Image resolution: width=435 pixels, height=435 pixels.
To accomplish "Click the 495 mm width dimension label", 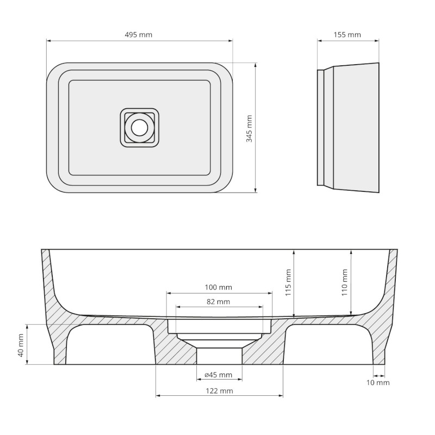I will [x=139, y=35].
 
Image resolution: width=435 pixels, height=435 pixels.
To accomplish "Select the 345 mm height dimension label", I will [x=250, y=128].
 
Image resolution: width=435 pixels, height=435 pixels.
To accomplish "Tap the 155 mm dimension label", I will [x=347, y=35].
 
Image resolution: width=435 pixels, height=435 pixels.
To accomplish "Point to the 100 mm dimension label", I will [x=219, y=287].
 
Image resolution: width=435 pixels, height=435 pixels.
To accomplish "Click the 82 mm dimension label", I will [x=219, y=302].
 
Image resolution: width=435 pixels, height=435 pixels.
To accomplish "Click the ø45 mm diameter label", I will [x=219, y=375].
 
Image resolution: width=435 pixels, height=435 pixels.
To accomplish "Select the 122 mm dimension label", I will [x=220, y=391].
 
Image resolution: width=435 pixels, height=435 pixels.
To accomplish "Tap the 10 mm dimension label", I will [x=379, y=382].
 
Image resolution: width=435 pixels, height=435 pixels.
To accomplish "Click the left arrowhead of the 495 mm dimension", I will [x=48, y=40].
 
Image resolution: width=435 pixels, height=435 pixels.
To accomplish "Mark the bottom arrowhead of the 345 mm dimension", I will [x=255, y=190].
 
